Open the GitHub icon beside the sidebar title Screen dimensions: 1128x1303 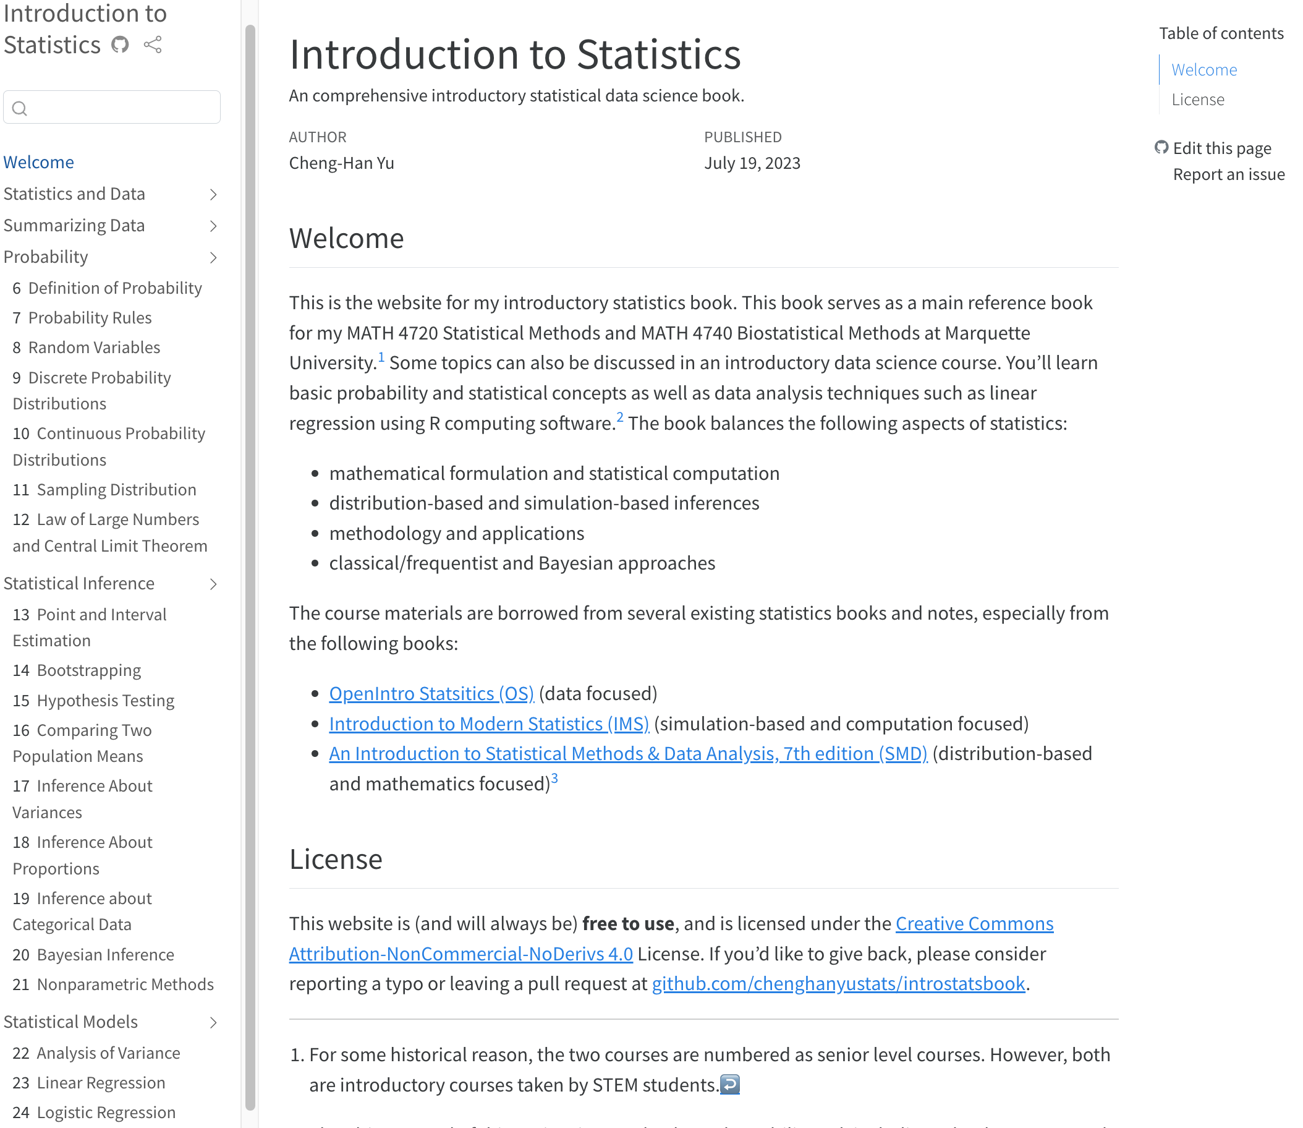(x=119, y=45)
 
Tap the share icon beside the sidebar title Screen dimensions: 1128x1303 (x=153, y=45)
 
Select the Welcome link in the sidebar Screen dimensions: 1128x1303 (x=38, y=162)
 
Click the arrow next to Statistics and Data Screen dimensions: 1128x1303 (x=213, y=195)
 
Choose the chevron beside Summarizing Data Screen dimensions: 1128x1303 (x=213, y=226)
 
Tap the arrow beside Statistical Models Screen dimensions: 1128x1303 (x=213, y=1022)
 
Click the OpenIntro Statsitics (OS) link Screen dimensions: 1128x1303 (x=431, y=694)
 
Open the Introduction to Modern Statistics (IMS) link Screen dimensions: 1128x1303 (x=489, y=724)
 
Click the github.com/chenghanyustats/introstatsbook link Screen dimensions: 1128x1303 (x=838, y=984)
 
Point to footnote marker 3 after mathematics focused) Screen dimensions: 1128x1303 (x=554, y=779)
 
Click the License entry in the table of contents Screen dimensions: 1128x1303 (x=1198, y=100)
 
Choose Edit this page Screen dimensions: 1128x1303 (x=1221, y=148)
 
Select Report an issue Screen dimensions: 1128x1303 (x=1228, y=174)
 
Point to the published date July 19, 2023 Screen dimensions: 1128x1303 (x=752, y=163)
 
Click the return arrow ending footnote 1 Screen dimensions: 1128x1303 (x=730, y=1084)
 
